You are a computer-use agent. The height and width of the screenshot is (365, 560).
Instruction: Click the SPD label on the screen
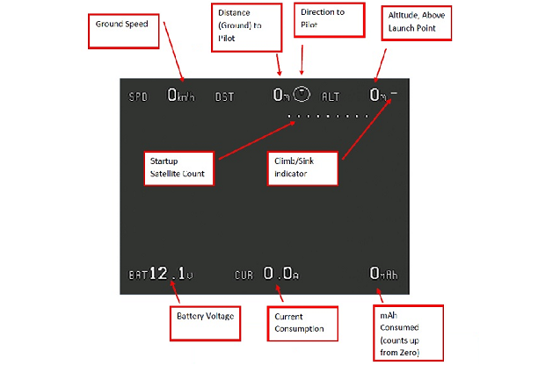139,96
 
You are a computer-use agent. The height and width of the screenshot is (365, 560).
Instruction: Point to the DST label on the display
225,96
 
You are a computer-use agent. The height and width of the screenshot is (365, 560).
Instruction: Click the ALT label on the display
331,96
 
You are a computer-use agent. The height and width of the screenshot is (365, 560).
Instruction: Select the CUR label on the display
244,276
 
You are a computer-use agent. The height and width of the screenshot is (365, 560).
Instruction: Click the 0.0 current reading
280,274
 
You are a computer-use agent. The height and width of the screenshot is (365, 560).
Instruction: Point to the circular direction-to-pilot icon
301,93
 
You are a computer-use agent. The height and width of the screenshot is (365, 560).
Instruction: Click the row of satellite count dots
328,115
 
